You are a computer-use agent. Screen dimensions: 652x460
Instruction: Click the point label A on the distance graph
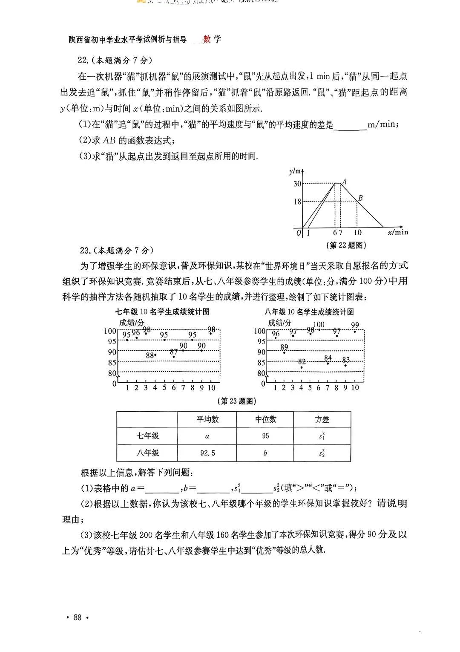click(x=344, y=182)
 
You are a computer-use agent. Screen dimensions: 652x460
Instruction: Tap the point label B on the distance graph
click(x=360, y=198)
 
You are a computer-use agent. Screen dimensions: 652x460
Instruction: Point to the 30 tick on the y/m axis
click(x=297, y=184)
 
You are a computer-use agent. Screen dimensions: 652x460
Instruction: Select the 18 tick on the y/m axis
click(x=297, y=201)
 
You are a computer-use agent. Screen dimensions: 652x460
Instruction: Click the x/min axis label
click(x=398, y=232)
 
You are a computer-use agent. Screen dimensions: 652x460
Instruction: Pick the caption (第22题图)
click(x=346, y=245)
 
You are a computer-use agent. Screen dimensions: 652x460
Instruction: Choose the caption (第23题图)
click(x=236, y=401)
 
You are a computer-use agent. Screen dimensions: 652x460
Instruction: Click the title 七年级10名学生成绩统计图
click(x=162, y=312)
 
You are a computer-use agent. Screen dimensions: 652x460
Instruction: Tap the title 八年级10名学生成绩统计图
click(x=309, y=312)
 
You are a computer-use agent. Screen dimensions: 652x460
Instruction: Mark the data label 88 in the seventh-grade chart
click(x=149, y=355)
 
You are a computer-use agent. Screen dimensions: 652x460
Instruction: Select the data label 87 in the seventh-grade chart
click(x=173, y=352)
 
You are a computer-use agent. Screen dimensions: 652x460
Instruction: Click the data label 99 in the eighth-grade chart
click(x=355, y=325)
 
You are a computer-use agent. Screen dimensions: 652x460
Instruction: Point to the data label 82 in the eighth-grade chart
click(x=302, y=362)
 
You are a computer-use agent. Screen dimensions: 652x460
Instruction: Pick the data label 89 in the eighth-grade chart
click(x=284, y=347)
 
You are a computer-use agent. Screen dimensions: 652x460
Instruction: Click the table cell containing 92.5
click(x=207, y=453)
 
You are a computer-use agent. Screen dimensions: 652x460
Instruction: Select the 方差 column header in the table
click(x=322, y=420)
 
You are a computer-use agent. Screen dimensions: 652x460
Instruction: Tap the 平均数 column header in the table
click(x=207, y=420)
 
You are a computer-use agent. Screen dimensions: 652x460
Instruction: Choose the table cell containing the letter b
click(x=265, y=453)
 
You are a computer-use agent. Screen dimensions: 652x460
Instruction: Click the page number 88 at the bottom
click(x=78, y=617)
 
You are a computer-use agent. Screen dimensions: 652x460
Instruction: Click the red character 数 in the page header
click(x=207, y=40)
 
